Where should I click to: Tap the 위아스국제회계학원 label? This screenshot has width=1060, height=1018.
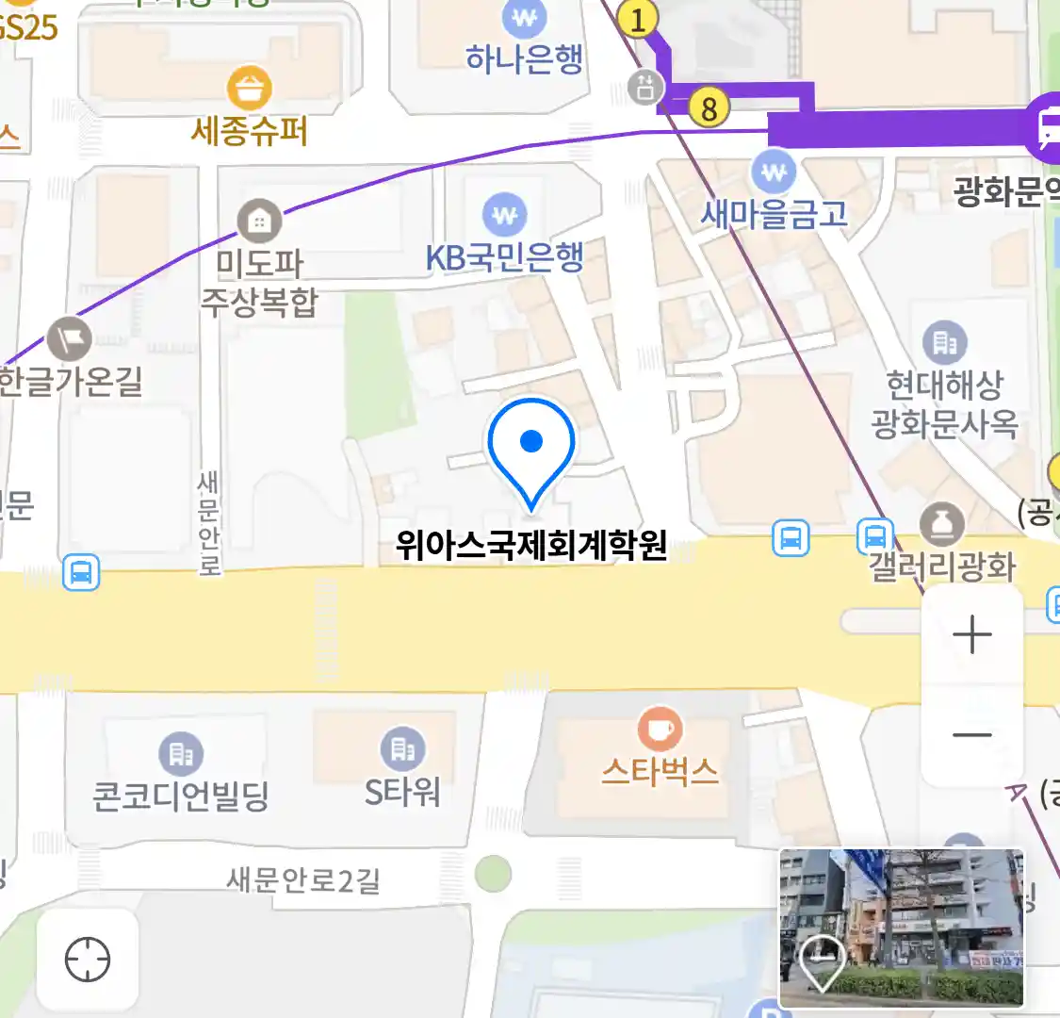531,545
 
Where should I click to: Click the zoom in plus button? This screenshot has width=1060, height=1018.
971,635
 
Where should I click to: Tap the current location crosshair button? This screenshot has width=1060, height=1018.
88,961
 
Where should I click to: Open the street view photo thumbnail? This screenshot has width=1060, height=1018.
901,928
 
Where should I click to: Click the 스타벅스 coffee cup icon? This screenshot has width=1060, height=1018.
660,729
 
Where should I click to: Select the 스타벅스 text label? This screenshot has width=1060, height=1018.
660,772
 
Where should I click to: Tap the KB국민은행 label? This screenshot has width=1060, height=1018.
505,256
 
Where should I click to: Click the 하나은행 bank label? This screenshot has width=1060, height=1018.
524,59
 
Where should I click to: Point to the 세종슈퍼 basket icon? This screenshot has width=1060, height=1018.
250,90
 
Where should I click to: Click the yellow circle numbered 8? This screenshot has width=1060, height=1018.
709,108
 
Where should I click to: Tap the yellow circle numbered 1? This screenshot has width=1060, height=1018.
638,19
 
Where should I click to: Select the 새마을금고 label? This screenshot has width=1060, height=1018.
774,215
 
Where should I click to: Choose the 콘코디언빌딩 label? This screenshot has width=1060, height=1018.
180,796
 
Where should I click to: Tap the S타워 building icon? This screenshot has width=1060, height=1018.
402,749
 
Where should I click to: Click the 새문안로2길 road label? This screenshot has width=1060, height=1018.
303,881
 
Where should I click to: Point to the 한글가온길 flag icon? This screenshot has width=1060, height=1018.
69,337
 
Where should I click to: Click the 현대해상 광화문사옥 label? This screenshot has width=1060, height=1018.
943,404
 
